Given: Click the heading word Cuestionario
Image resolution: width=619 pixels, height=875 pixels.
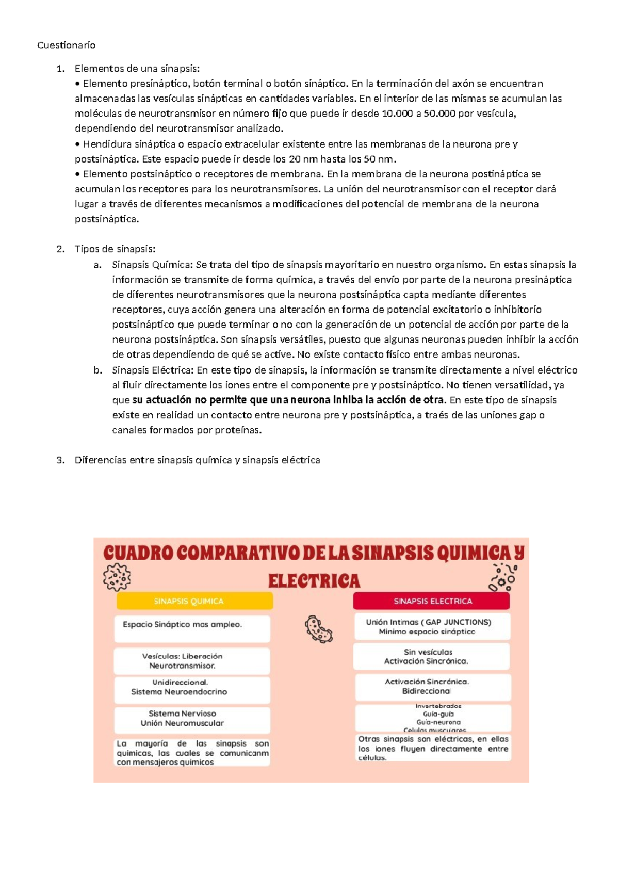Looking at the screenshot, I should [66, 45].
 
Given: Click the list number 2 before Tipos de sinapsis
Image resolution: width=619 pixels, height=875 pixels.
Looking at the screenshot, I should [60, 249].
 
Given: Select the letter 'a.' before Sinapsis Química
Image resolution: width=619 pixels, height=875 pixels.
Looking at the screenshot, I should [97, 265].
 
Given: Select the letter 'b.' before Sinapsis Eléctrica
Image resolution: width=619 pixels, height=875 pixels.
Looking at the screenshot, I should [97, 370].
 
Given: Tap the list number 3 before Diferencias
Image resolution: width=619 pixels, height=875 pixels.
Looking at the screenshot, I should [60, 460].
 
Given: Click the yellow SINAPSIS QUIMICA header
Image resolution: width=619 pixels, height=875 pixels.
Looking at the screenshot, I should [194, 601].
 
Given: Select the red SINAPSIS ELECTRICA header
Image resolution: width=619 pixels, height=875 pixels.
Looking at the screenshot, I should [432, 601].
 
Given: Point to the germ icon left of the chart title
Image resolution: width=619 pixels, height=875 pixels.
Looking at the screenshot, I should [117, 577].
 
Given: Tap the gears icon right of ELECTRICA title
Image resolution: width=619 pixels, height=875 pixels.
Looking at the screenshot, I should [502, 577].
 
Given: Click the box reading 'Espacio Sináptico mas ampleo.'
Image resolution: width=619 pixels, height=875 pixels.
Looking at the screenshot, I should [192, 628].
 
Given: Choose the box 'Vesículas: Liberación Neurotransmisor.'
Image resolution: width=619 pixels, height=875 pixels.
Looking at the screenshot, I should [192, 661].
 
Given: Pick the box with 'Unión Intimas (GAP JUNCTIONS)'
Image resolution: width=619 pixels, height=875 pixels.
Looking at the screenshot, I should [432, 626].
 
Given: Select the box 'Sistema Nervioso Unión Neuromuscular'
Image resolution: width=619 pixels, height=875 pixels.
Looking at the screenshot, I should [192, 719].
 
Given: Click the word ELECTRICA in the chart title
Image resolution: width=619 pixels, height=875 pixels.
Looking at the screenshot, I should [314, 581].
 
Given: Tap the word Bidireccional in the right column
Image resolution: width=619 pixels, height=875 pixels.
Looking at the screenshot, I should [426, 691].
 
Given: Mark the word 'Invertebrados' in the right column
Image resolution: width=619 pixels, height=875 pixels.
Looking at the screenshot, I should [438, 706].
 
